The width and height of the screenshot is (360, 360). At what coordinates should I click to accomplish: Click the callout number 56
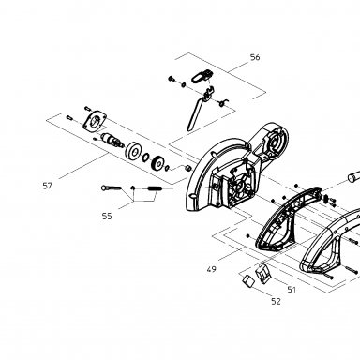(x=255, y=57)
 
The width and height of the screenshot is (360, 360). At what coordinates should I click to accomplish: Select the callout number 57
(x=47, y=186)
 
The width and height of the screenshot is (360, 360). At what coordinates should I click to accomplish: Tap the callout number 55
(x=107, y=216)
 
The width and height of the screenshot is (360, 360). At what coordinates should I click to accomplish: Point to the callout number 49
(x=211, y=269)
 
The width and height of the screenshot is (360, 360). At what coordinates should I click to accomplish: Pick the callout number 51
(x=292, y=290)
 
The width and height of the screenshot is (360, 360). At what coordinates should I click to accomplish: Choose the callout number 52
(x=276, y=301)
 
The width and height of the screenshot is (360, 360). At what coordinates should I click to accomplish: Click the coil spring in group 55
(x=155, y=188)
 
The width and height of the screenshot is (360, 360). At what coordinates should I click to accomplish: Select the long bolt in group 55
(x=112, y=187)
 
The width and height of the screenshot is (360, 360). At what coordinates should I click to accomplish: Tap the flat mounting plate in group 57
(x=95, y=120)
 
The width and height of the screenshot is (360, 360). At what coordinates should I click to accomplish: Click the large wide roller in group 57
(x=134, y=151)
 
